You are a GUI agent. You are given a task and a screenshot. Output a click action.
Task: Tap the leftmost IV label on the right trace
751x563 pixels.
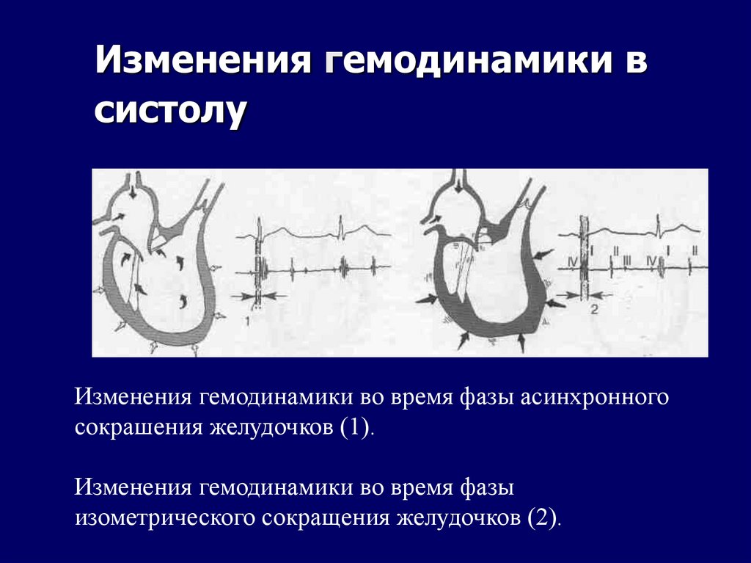click(573, 261)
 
